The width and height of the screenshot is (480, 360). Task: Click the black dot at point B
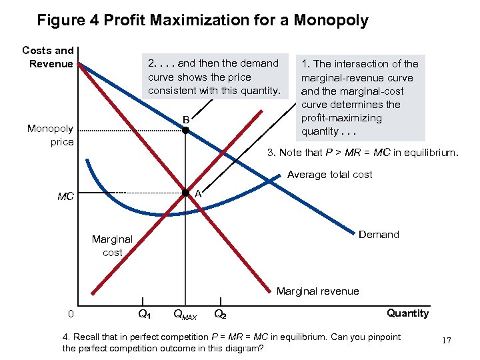pos(186,131)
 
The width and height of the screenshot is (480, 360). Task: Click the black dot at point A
pos(187,193)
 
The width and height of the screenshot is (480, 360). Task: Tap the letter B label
pos(187,119)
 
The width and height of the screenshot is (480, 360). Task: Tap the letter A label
pos(198,193)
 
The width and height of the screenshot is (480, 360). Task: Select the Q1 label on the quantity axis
pos(144,313)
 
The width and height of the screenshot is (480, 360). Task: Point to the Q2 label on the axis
pos(220,313)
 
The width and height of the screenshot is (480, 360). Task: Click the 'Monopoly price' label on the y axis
pos(50,135)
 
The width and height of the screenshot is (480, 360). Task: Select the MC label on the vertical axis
pos(65,197)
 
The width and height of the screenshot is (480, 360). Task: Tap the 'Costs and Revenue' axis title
pos(48,57)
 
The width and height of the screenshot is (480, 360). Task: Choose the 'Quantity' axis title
pos(408,313)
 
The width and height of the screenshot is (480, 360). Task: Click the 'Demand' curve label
pos(379,235)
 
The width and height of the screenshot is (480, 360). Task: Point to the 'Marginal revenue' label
pos(317,291)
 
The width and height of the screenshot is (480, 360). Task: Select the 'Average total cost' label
pos(329,175)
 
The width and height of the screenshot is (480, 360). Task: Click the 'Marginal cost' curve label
pos(112,245)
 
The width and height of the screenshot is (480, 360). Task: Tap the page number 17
pos(446,341)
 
